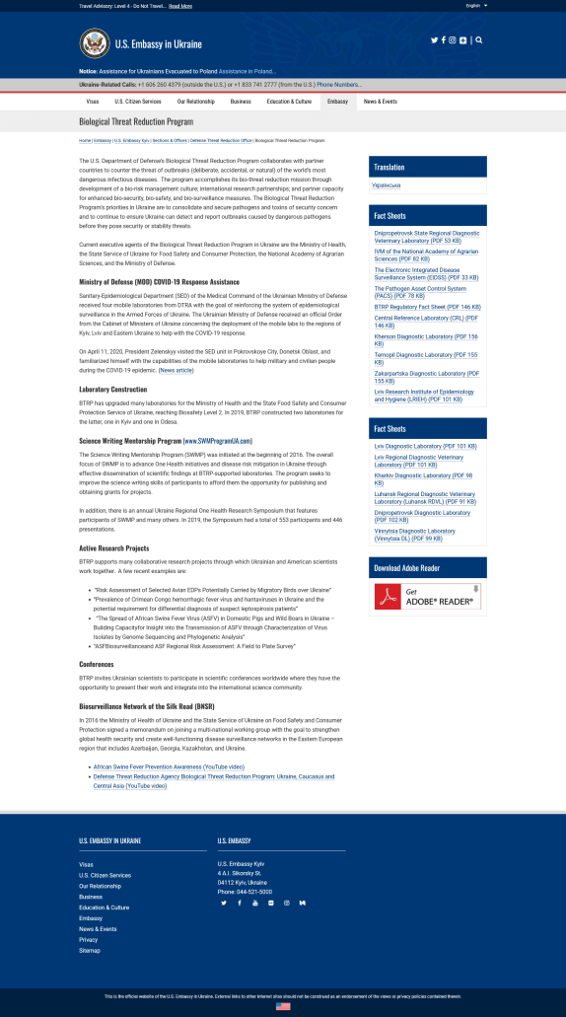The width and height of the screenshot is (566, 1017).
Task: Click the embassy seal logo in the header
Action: pos(94,42)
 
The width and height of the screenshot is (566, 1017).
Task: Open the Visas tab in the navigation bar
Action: pos(92,102)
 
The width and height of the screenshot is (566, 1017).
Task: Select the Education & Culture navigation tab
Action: pos(289,102)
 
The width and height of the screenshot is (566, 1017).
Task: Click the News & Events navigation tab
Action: pos(380,102)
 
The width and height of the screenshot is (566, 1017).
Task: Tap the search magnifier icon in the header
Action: pos(479,40)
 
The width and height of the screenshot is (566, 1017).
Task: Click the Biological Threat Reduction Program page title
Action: pos(136,121)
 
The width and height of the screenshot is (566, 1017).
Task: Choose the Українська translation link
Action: pos(386,184)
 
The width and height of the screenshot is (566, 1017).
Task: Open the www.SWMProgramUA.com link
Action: pos(217,440)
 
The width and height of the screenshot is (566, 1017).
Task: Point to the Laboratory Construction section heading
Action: pos(112,390)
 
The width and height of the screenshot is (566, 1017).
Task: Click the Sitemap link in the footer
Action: pos(89,950)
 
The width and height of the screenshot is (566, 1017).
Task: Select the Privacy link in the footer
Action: pos(88,939)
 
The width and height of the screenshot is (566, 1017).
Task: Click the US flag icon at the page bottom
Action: pos(283,1006)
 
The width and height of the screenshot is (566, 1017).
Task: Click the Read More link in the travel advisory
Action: pos(180,6)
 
